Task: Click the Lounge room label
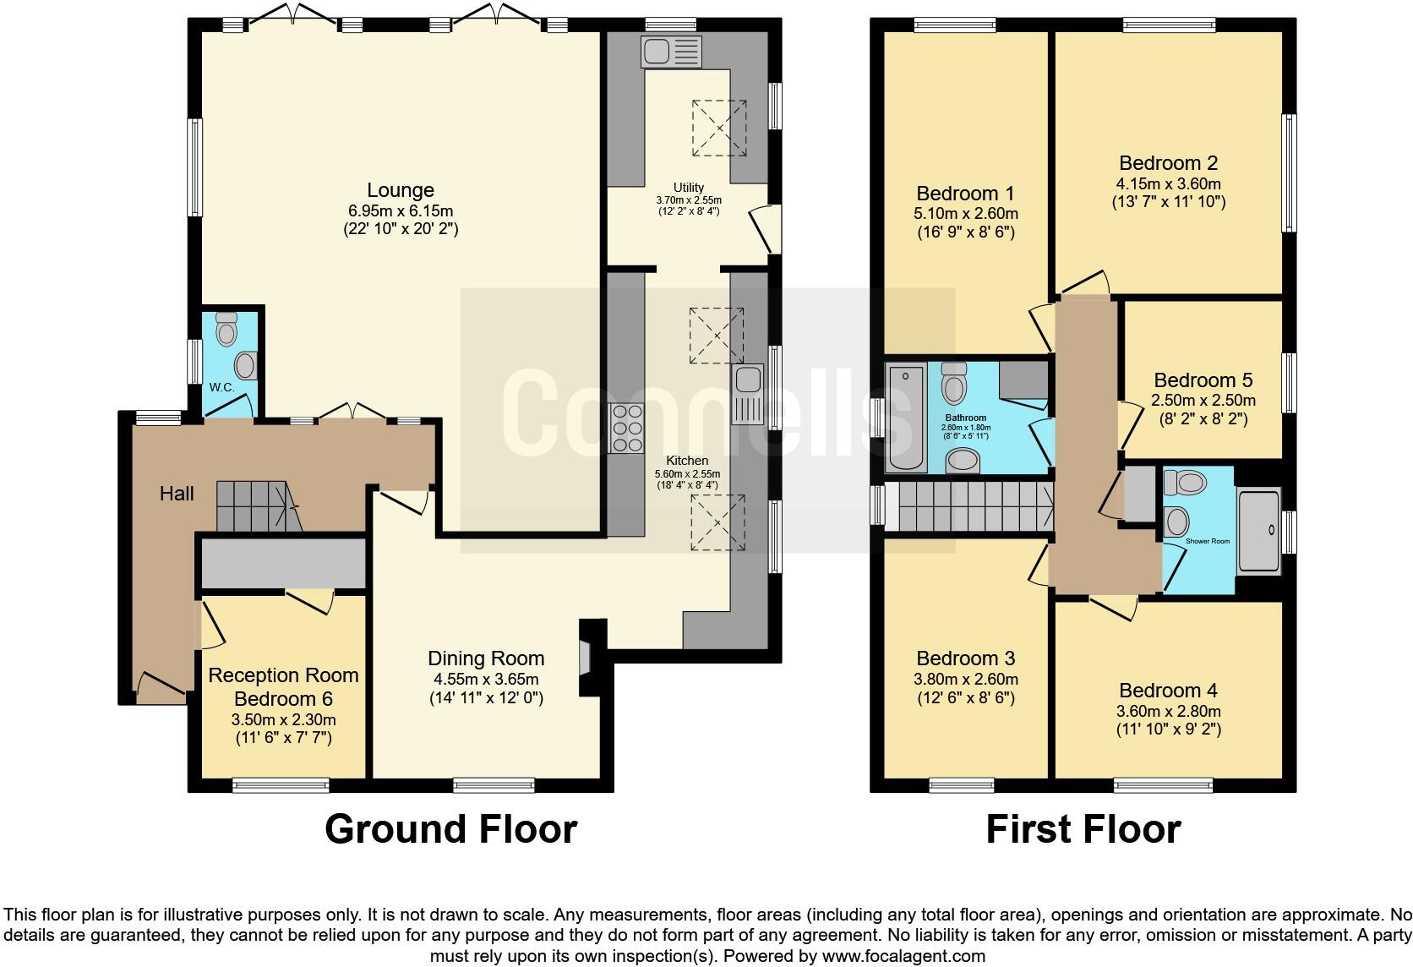click(x=401, y=190)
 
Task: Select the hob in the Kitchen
click(x=626, y=429)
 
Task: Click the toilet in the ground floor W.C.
click(x=226, y=331)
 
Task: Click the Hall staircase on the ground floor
click(x=258, y=506)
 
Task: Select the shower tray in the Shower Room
click(x=1258, y=531)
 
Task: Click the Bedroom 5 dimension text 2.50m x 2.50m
click(x=1204, y=401)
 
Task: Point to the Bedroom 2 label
click(x=1168, y=163)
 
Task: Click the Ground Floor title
click(x=450, y=829)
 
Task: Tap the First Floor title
click(x=1083, y=829)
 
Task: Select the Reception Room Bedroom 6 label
click(x=283, y=687)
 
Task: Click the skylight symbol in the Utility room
click(x=720, y=128)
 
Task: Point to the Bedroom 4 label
click(x=1168, y=691)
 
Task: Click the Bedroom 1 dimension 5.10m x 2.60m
click(x=966, y=214)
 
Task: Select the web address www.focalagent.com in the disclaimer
click(x=903, y=956)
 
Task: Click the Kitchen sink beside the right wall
click(x=747, y=395)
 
